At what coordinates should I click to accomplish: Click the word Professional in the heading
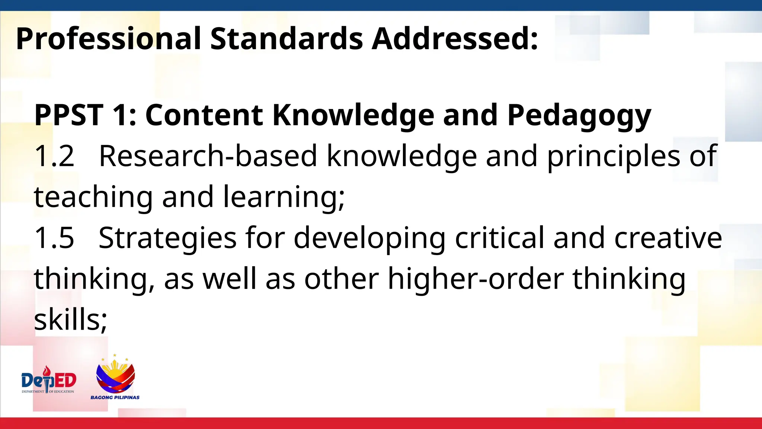[108, 39]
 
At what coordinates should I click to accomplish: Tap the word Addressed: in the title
[455, 39]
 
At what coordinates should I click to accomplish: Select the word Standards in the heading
[286, 39]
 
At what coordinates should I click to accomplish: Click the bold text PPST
[68, 115]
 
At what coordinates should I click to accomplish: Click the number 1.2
[54, 156]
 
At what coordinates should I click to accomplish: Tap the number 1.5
[54, 238]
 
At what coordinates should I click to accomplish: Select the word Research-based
[208, 156]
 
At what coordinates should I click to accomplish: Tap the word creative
[668, 238]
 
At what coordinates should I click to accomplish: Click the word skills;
[71, 320]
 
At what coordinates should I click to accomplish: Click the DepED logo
[49, 380]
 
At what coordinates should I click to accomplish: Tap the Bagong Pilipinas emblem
[115, 375]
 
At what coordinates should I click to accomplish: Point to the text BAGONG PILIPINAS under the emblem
[115, 397]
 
